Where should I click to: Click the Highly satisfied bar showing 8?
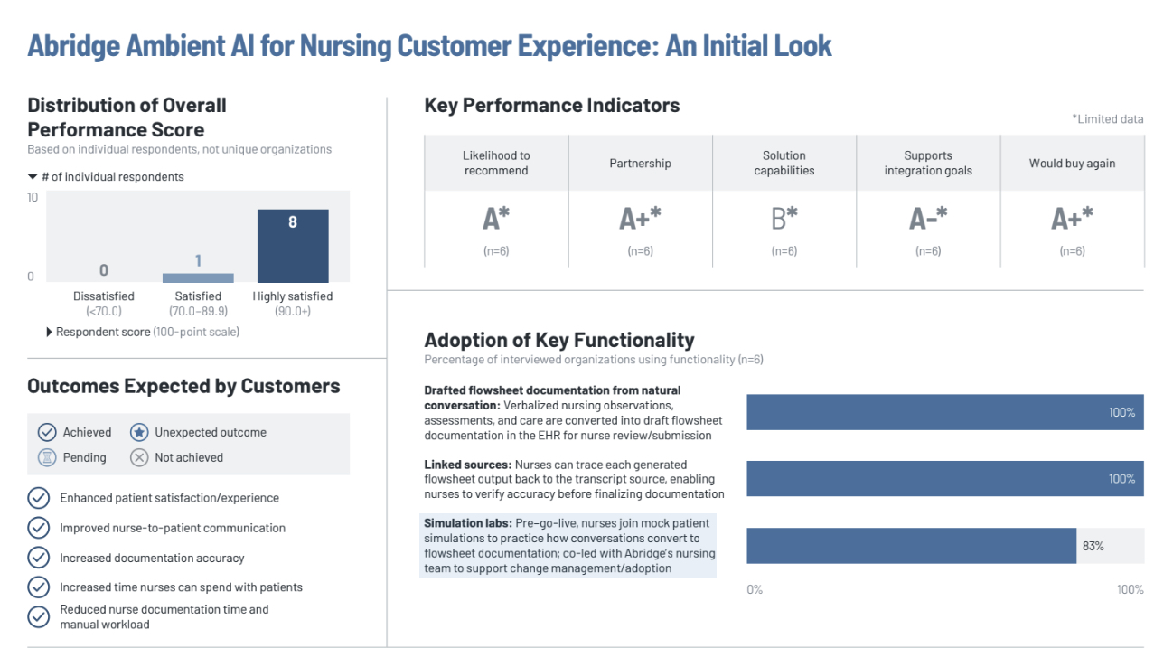coord(292,246)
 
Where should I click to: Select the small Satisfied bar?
coord(198,277)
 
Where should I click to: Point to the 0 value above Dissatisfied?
coord(104,269)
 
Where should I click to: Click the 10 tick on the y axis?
coord(33,197)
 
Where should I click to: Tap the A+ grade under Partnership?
coord(640,219)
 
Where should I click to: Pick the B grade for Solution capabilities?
coord(784,219)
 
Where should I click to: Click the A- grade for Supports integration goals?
coord(928,219)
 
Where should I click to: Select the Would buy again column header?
coord(1072,164)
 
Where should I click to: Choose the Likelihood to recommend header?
coord(496,163)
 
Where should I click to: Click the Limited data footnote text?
coord(1107,119)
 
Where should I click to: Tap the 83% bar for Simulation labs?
coord(911,546)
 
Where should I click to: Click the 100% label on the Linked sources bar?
coord(1121,479)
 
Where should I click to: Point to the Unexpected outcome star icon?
coord(139,432)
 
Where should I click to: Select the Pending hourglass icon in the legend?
coord(47,457)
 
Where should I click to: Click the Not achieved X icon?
coord(139,457)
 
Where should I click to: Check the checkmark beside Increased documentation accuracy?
coord(39,558)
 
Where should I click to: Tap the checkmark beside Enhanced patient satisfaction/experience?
coord(39,498)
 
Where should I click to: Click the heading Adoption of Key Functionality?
coord(558,340)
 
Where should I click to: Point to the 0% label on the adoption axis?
coord(755,589)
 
